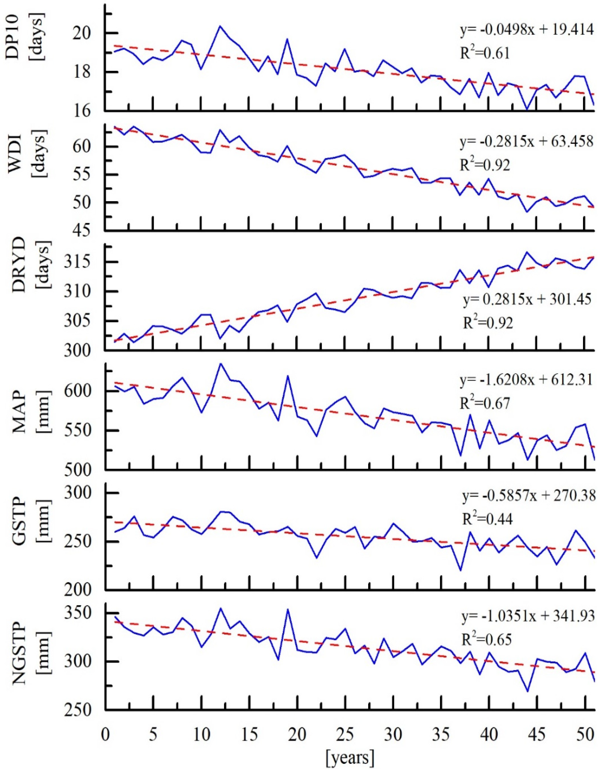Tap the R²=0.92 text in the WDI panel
485,165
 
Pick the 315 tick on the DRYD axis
85,262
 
